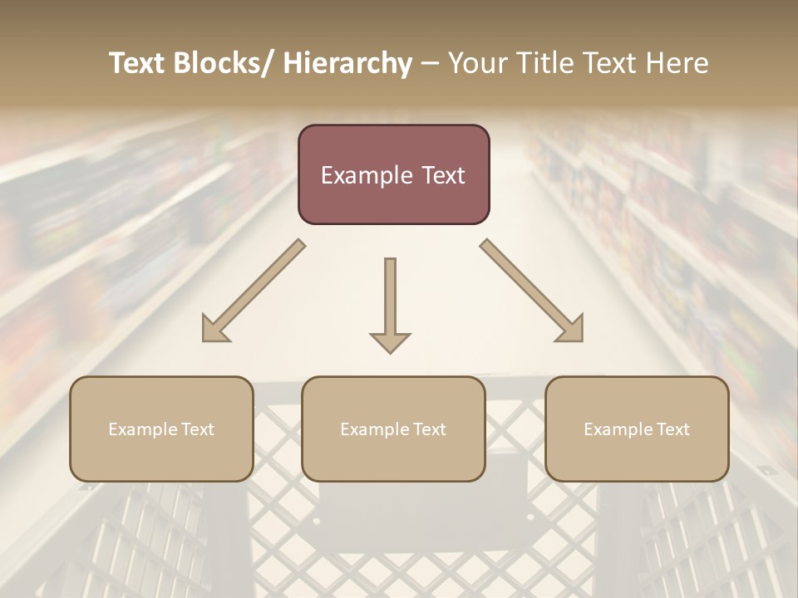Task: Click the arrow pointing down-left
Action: [x=254, y=291]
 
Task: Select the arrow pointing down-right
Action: [x=532, y=291]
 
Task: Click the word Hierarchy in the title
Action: [x=347, y=64]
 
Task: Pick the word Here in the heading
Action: [x=679, y=64]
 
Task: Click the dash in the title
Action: [x=430, y=64]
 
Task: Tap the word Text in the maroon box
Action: [x=444, y=176]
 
